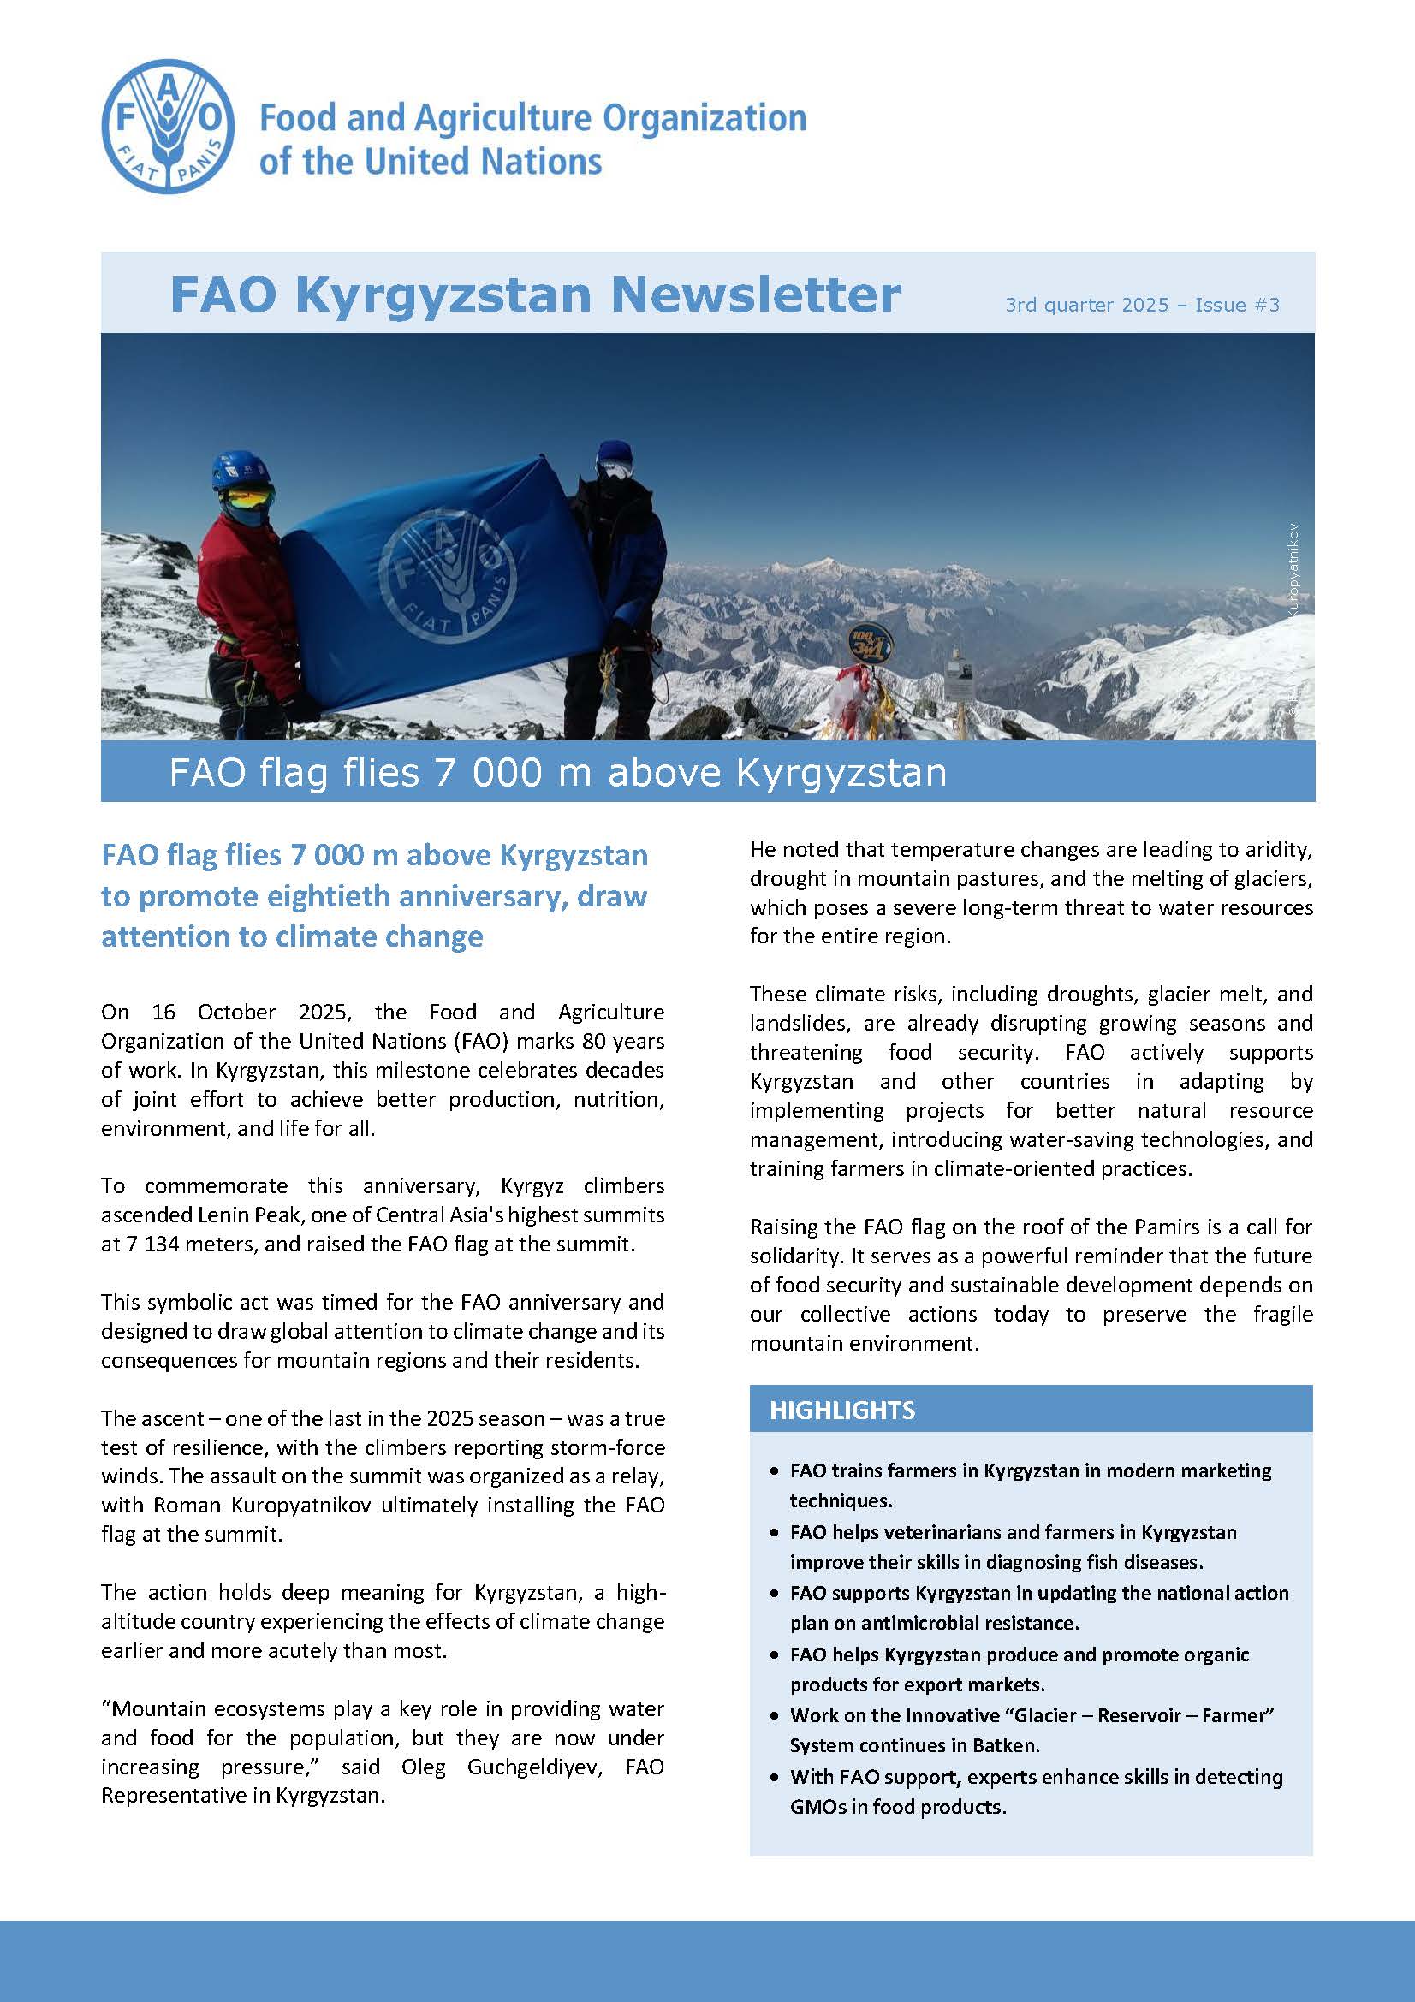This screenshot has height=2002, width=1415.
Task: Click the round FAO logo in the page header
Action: pos(169,128)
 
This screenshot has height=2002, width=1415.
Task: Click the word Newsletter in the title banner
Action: pos(755,294)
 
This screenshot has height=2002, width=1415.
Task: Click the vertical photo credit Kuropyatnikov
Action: pos(1293,571)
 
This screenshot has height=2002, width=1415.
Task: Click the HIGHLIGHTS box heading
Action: pos(842,1411)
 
